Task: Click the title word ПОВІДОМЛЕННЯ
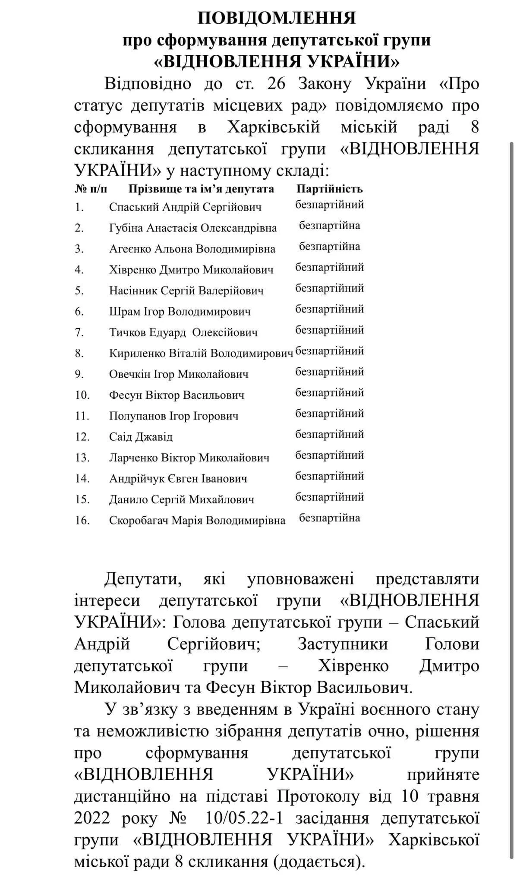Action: coord(276,18)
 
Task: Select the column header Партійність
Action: coord(329,189)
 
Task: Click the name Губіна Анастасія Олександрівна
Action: coord(193,228)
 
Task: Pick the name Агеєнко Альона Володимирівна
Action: coord(192,249)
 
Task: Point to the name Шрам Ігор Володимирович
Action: coord(180,312)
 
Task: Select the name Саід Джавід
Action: coord(141,437)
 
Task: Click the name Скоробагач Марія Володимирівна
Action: coord(197,521)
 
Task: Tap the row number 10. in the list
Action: coord(82,395)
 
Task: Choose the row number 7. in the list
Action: coord(79,332)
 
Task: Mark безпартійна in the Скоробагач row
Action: coord(330,518)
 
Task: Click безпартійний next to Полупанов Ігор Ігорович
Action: coord(330,414)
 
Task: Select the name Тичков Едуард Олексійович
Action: coord(183,332)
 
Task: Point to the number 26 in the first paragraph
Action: coord(276,84)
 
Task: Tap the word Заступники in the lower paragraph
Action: coord(343,644)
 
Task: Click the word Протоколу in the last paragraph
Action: coord(314,796)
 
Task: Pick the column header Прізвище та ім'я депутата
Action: coord(201,189)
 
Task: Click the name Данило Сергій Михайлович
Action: coord(182,499)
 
